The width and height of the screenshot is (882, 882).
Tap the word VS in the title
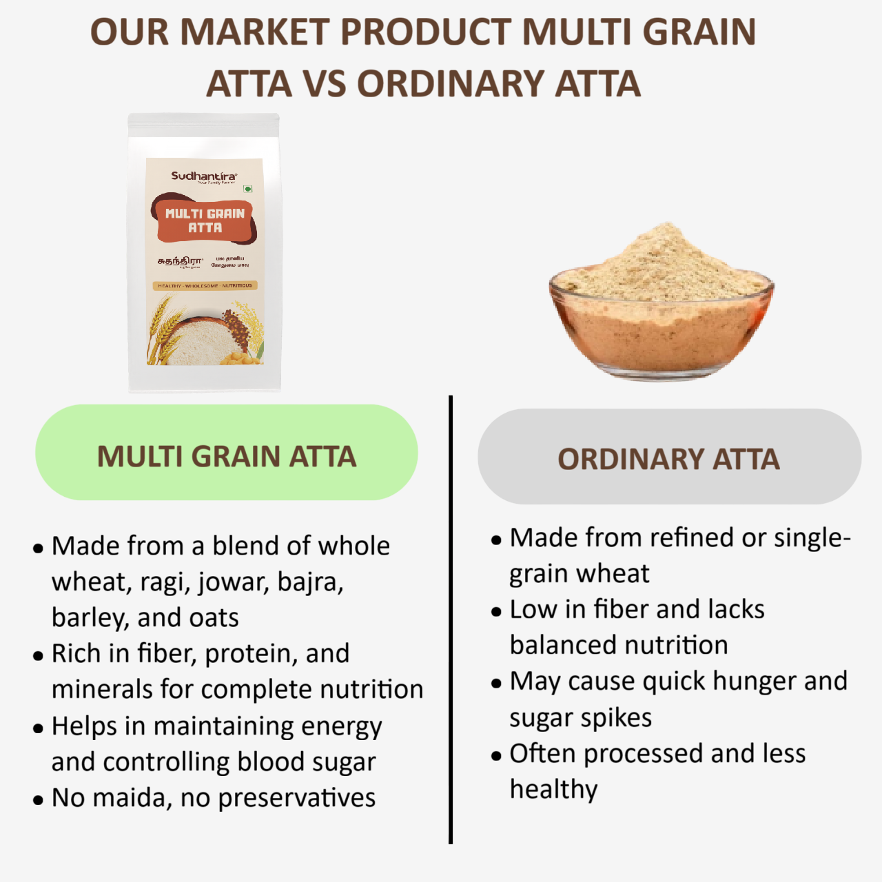click(x=324, y=84)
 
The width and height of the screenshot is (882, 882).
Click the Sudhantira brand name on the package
click(x=203, y=176)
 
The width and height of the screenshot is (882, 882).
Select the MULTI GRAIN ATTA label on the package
click(x=205, y=220)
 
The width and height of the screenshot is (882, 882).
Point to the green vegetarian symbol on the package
click(x=248, y=188)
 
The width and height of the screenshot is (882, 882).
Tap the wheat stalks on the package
click(x=162, y=331)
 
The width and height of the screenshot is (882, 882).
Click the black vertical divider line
click(x=451, y=620)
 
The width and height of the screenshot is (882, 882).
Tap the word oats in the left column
click(x=214, y=618)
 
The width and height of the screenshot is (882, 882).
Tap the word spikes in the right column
click(x=617, y=718)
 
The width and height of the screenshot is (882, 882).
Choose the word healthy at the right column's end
click(x=553, y=790)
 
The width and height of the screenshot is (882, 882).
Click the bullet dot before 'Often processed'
click(x=496, y=756)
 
